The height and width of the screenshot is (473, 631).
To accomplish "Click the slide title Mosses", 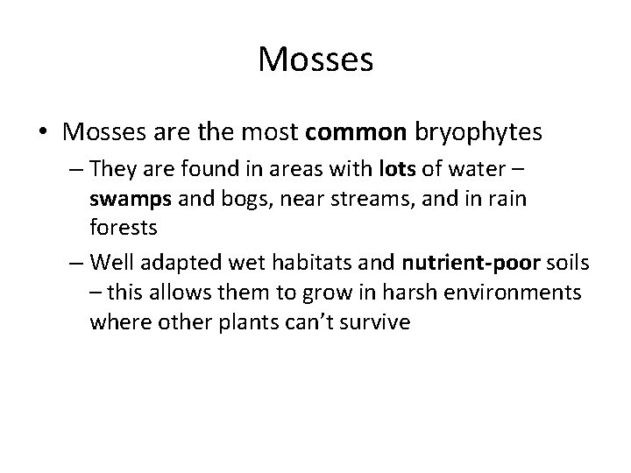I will tap(315, 60).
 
